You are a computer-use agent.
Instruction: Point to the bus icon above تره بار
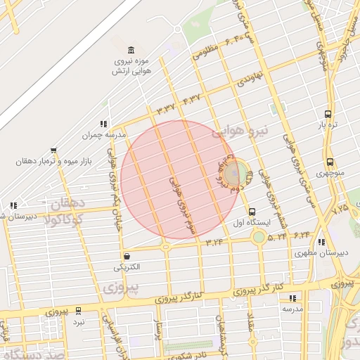pos(328,114)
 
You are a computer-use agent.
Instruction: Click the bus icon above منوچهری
pos(330,162)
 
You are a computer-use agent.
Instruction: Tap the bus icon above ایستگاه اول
pos(252,212)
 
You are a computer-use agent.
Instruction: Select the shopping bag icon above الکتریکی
pos(127,256)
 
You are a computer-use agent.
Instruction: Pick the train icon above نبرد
pos(78,310)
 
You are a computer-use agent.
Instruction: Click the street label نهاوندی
pos(250,75)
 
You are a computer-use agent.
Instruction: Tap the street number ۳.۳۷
pos(166,108)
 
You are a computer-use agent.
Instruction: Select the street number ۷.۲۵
pos(340,209)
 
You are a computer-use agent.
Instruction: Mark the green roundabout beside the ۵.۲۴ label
pos(259,236)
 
